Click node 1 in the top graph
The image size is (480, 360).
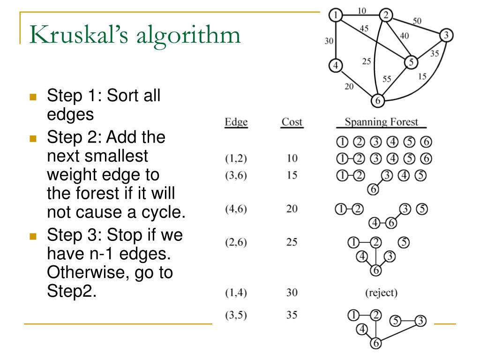click(x=336, y=15)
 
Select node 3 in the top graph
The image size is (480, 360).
click(x=446, y=35)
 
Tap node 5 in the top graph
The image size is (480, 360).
click(x=411, y=62)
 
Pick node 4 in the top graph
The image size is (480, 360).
click(x=335, y=65)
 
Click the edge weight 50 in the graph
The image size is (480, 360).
click(x=417, y=21)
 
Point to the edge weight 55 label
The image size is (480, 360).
click(x=387, y=79)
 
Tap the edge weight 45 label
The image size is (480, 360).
click(x=364, y=28)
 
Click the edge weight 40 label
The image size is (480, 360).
click(x=405, y=35)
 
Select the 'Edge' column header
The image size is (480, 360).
click(x=236, y=122)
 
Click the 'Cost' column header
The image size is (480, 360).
click(x=292, y=122)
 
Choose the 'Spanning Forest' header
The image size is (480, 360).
click(x=381, y=122)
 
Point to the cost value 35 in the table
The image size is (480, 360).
click(x=292, y=315)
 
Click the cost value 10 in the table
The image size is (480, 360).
click(x=292, y=158)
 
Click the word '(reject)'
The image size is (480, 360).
click(x=381, y=293)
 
